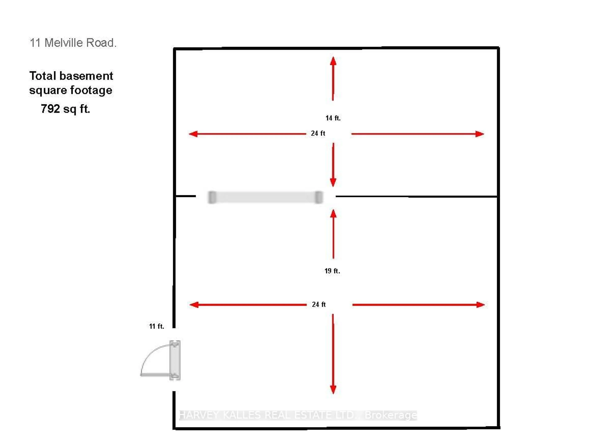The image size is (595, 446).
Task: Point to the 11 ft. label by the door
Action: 156,326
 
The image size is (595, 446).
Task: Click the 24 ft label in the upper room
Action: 318,133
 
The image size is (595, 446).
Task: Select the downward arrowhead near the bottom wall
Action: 333,390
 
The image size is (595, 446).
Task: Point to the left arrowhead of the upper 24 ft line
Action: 193,134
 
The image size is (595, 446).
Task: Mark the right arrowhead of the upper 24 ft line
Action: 480,134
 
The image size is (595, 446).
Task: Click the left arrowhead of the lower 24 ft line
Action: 194,305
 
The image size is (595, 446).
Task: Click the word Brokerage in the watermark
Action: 391,415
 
